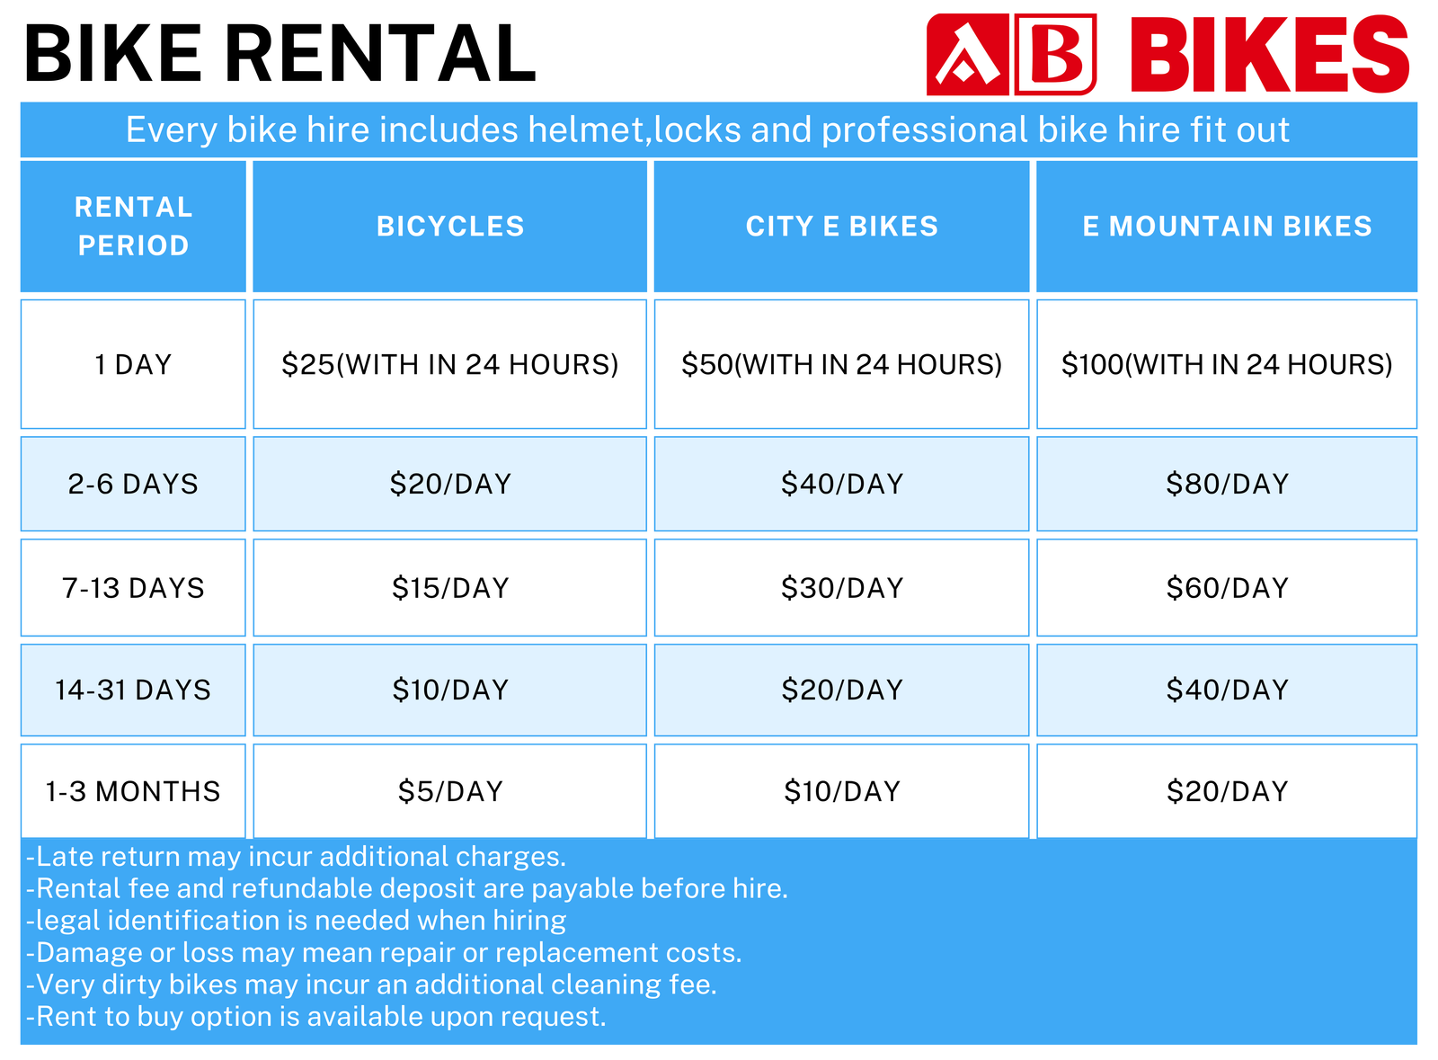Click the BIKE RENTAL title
(280, 55)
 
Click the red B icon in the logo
(1055, 55)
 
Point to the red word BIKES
(1269, 55)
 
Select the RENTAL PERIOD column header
(133, 227)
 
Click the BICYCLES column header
(450, 227)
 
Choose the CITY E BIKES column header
(841, 227)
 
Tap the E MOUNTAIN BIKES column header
(1227, 227)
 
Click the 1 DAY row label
(133, 364)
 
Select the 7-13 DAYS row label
(133, 588)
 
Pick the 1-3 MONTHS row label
(133, 791)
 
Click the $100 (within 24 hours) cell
(1227, 364)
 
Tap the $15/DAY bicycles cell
(450, 588)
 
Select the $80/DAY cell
(1227, 484)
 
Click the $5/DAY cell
(450, 791)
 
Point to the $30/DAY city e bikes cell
(841, 588)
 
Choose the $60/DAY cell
(1227, 588)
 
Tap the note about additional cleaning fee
(371, 984)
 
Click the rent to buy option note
(316, 1017)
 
